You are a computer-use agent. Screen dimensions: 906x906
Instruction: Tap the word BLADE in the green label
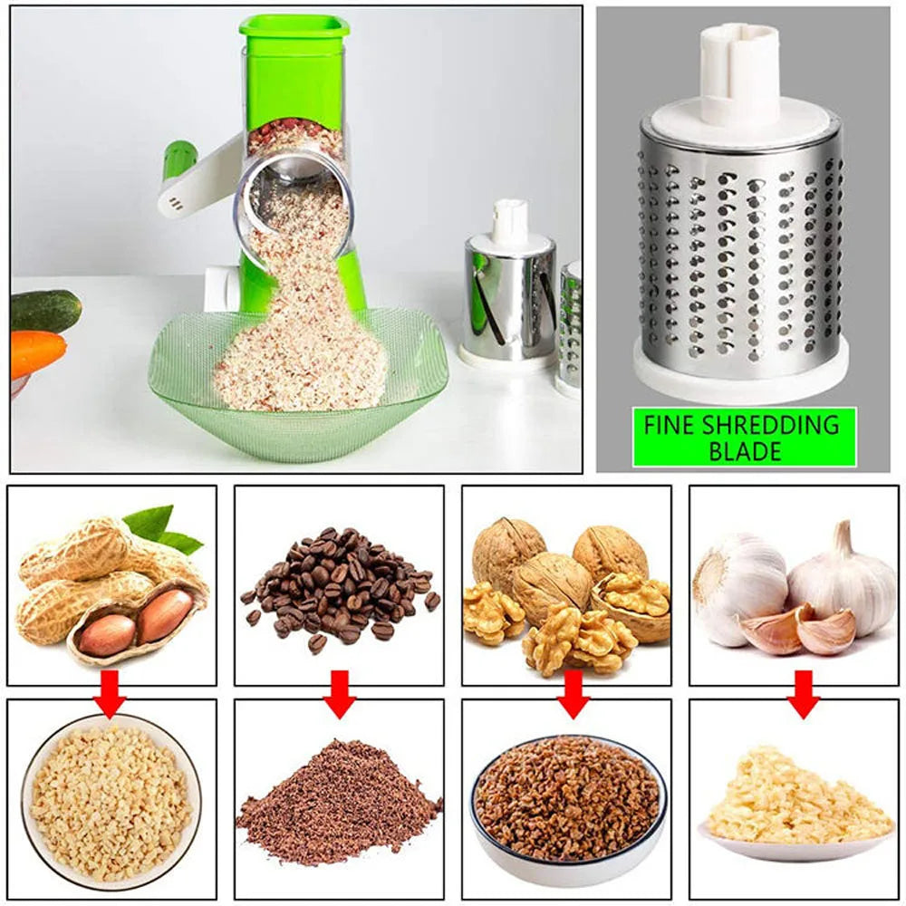coord(744,451)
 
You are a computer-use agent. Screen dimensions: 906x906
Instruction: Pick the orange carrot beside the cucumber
coord(36,353)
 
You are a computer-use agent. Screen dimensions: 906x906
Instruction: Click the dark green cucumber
coord(45,311)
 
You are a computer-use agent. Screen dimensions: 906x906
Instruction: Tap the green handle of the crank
coord(178,159)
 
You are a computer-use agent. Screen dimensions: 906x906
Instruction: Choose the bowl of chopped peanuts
coord(111,801)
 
